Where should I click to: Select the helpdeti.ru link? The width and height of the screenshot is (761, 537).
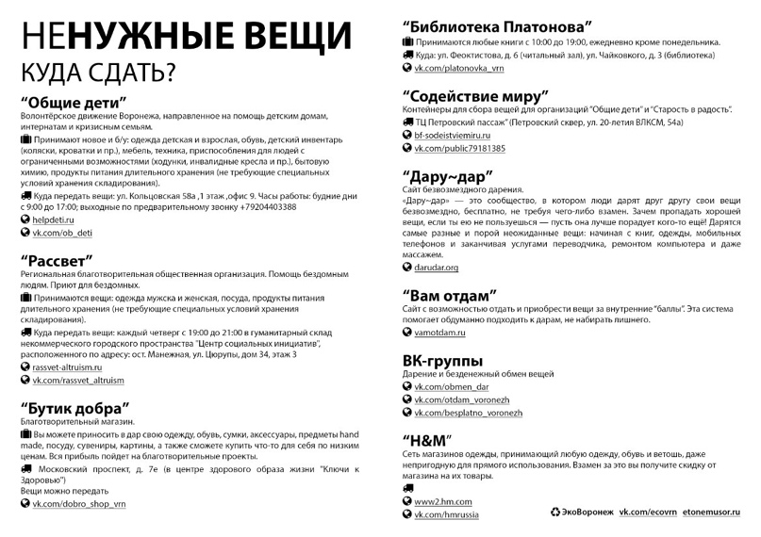pos(56,219)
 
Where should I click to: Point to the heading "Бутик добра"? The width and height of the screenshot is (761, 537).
pos(74,408)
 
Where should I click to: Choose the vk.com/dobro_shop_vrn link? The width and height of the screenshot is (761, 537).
pos(79,504)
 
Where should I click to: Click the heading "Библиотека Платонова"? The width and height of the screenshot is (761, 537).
pos(497,25)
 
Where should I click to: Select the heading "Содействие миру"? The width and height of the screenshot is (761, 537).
pos(475,95)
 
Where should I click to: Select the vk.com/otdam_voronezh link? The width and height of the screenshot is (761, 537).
pos(461,399)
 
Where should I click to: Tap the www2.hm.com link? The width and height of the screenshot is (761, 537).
pos(442,501)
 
